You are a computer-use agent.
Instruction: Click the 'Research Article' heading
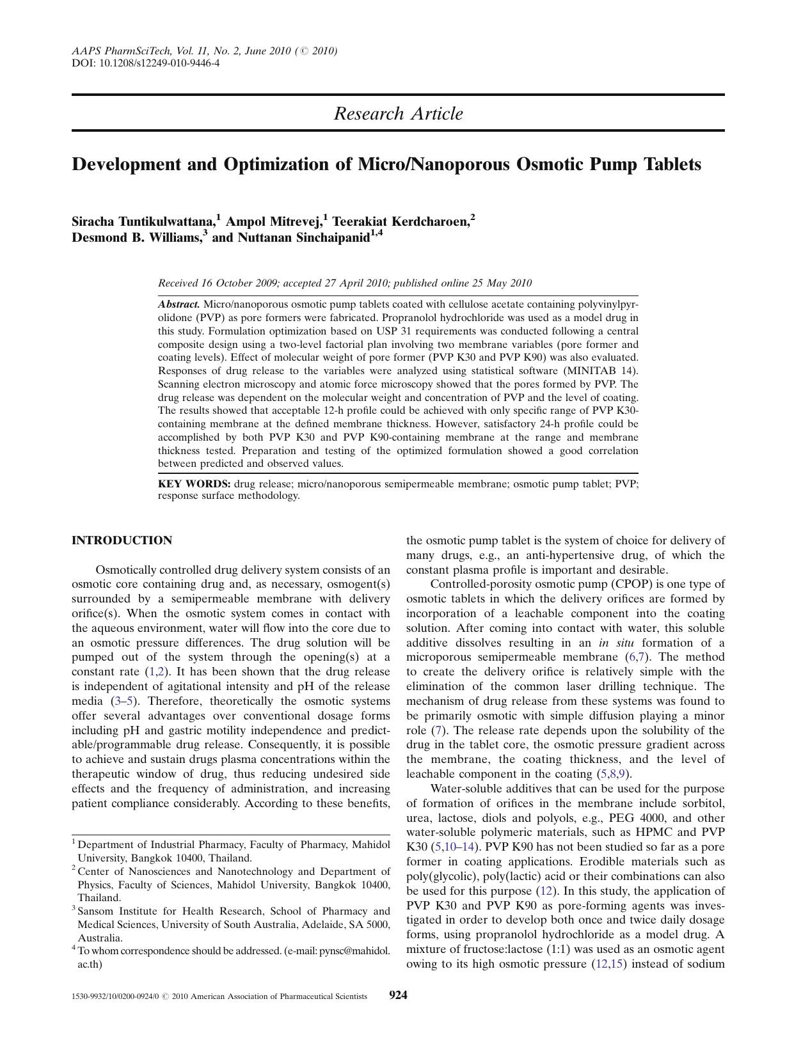(x=398, y=114)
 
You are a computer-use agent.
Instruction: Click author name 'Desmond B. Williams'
(x=136, y=238)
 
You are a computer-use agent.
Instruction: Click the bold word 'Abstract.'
(x=179, y=304)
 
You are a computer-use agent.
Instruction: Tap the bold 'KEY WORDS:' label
(x=194, y=484)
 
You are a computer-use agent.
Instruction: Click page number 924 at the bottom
(x=399, y=995)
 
